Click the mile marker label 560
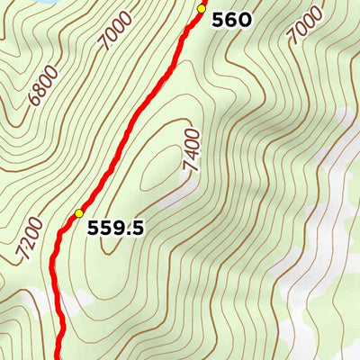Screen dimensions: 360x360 [x=231, y=20]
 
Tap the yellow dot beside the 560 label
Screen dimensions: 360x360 [x=202, y=9]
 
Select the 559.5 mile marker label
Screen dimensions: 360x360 [x=115, y=229]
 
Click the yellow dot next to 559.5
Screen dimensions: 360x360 [x=79, y=213]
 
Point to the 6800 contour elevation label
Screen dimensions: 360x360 [x=42, y=85]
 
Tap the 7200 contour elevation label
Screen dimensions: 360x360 [x=30, y=239]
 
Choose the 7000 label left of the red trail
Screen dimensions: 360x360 [x=116, y=31]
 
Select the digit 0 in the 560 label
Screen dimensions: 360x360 [x=244, y=20]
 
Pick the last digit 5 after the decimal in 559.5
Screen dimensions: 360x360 [x=137, y=229]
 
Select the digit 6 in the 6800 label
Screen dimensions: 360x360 [x=32, y=100]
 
